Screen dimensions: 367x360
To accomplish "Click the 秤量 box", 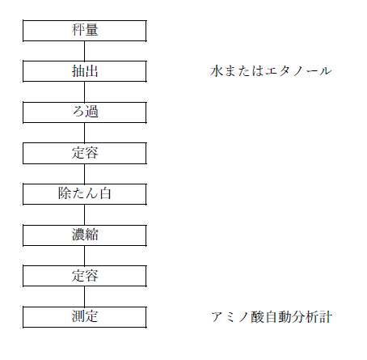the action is [x=85, y=31].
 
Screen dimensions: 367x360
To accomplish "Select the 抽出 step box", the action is [x=85, y=71].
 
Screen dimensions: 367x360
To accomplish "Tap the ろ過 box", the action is [x=85, y=112].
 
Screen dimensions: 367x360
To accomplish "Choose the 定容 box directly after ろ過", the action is [x=85, y=153].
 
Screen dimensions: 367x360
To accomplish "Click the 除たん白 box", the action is [x=85, y=194].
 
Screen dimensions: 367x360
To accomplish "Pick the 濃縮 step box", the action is [x=85, y=235].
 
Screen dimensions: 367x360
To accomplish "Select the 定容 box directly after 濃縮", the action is [x=85, y=276].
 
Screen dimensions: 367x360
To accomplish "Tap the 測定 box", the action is [x=85, y=317].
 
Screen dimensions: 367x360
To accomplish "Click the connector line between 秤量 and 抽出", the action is [x=84, y=51].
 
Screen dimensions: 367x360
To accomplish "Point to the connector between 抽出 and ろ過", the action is [x=84, y=92].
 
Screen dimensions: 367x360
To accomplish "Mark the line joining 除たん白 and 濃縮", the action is [x=84, y=214].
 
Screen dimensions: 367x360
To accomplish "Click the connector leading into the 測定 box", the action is [x=84, y=297].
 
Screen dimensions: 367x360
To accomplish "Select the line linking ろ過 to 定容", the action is [x=84, y=133].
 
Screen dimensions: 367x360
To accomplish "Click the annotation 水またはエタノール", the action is [x=271, y=71].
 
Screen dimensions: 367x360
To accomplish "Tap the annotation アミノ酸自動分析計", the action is [x=272, y=317].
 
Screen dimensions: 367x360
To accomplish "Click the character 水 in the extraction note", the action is [x=217, y=71].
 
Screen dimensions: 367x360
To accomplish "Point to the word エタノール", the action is [x=298, y=71].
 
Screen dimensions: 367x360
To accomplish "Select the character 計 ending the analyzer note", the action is [x=326, y=317].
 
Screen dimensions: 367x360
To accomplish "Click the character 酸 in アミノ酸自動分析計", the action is [x=258, y=317].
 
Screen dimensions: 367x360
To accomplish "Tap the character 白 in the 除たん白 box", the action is [x=105, y=193].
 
